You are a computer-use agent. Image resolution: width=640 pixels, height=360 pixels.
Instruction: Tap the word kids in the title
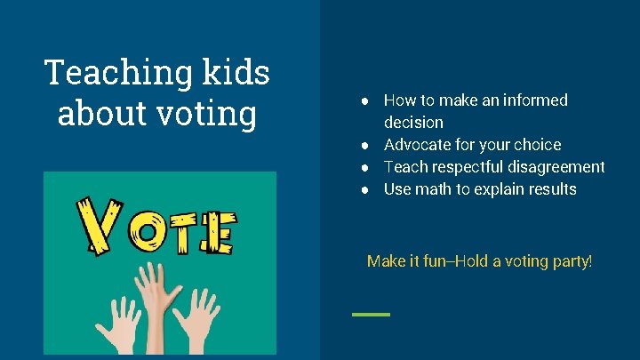click(237, 72)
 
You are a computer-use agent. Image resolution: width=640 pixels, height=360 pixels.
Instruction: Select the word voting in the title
click(206, 115)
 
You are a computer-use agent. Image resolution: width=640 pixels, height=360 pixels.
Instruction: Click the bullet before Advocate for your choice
click(365, 145)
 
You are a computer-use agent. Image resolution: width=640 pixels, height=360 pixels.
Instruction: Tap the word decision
click(413, 123)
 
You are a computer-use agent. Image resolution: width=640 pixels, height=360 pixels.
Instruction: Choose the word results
click(551, 189)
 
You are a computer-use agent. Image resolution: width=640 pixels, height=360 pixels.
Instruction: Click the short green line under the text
click(371, 314)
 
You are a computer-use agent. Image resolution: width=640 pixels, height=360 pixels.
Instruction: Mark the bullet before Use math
click(365, 189)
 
